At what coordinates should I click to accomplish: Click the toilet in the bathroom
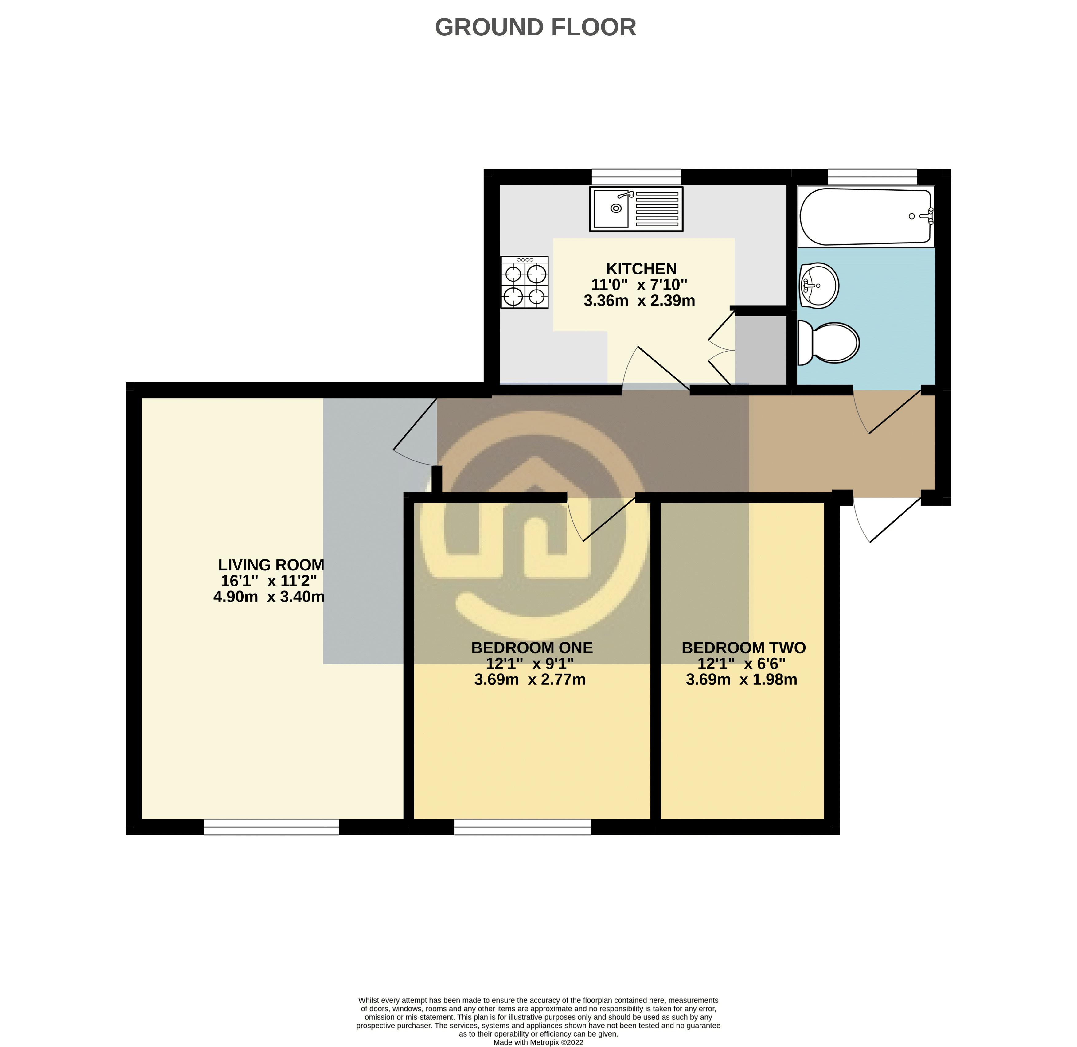pos(828,343)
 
